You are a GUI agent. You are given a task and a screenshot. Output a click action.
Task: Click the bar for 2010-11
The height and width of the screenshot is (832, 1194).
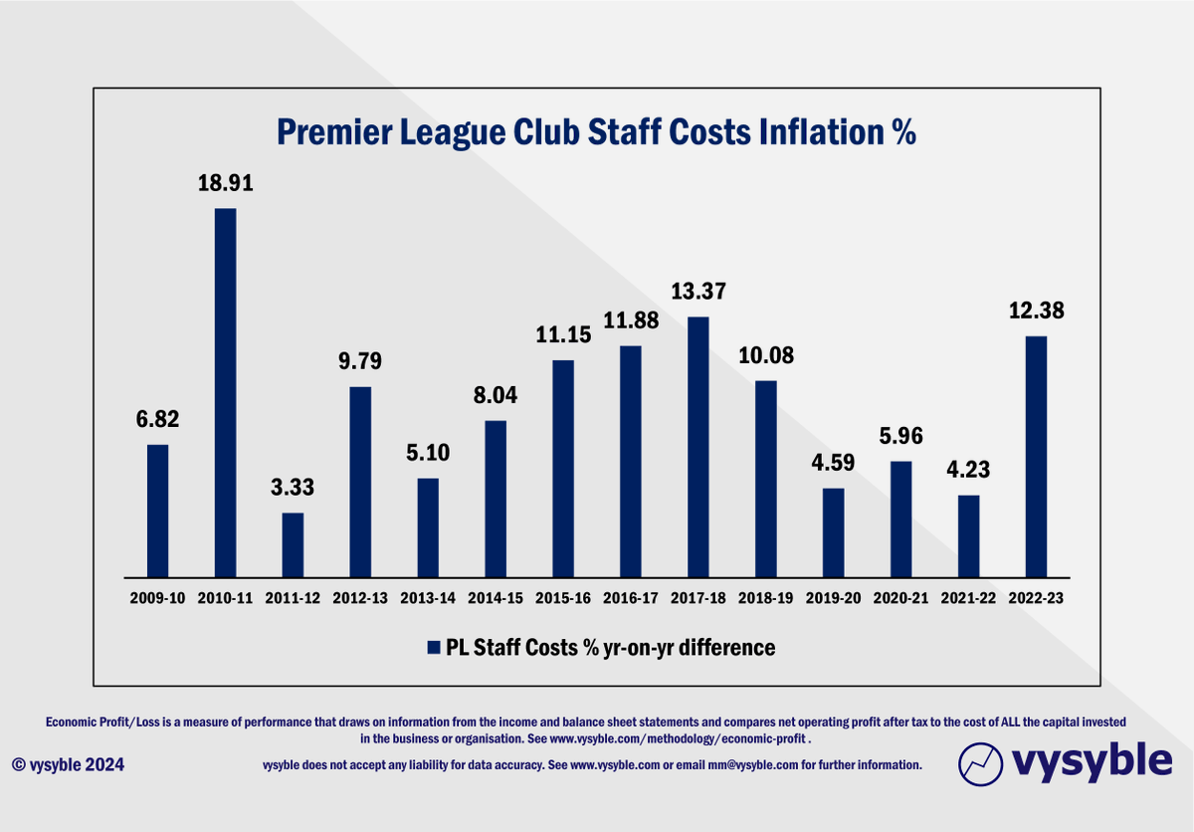(225, 392)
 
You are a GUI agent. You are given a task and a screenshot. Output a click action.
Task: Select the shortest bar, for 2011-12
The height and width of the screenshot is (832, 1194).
(293, 544)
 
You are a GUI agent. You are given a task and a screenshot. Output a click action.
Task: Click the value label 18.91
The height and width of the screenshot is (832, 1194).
(225, 183)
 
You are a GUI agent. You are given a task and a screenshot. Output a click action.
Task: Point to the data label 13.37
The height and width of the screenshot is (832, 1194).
(697, 292)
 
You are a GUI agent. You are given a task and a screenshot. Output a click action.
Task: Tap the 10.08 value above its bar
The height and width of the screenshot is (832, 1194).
(765, 355)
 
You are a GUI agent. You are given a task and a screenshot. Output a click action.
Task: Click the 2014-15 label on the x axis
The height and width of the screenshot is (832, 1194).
(495, 599)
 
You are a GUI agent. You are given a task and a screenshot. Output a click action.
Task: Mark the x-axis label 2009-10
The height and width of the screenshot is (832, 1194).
(157, 599)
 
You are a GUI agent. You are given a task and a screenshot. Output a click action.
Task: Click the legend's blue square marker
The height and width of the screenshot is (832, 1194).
(433, 648)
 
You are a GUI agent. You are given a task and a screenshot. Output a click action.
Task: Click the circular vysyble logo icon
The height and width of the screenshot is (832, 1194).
(980, 764)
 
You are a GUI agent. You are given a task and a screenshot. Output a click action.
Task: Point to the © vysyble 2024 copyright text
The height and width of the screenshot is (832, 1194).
(69, 764)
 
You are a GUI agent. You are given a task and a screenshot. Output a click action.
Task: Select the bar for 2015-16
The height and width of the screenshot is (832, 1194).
(562, 468)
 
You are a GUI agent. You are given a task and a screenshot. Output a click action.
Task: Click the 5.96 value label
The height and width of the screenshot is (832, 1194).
(900, 436)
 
